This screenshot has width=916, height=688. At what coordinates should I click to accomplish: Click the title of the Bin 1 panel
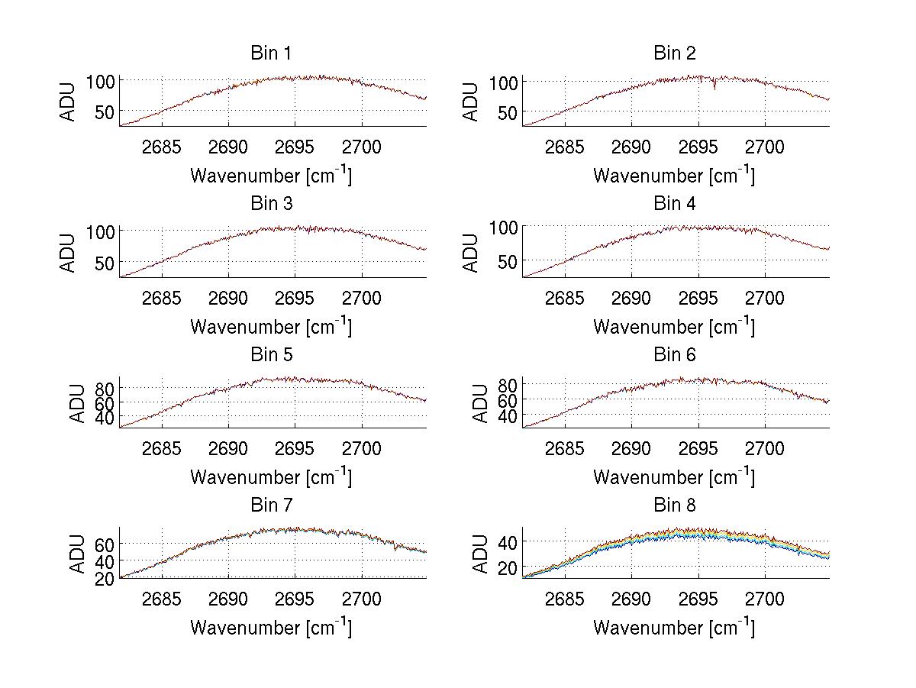(x=271, y=53)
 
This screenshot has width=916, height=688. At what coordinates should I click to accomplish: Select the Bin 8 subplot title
(x=675, y=506)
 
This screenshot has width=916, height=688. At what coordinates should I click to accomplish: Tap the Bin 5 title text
(x=271, y=355)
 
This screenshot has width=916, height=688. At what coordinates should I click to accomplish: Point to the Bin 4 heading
(x=675, y=204)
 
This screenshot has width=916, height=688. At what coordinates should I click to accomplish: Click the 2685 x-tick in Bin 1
(x=162, y=147)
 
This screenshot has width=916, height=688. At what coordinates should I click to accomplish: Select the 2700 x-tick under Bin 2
(x=765, y=147)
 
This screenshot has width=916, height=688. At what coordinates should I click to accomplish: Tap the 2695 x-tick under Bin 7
(x=295, y=599)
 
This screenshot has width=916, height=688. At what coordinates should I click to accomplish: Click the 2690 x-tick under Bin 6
(x=631, y=449)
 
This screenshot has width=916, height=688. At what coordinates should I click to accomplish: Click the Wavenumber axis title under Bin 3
(x=271, y=326)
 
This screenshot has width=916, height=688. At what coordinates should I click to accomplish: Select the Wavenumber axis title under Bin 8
(x=675, y=628)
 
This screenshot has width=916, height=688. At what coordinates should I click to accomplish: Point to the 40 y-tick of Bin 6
(x=506, y=416)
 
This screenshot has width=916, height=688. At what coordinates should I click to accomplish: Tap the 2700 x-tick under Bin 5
(x=362, y=449)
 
